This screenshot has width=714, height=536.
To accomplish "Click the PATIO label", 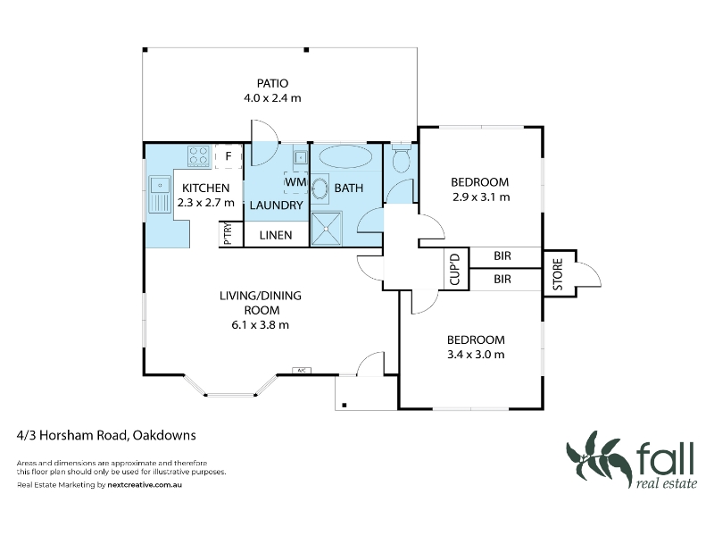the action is point(272,83).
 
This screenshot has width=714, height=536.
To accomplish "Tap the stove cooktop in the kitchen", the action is point(199,155).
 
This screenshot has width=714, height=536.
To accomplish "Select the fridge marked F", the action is point(228,156).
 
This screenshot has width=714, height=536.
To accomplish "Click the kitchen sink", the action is point(160,195).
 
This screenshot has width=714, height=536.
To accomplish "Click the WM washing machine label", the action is point(295,182).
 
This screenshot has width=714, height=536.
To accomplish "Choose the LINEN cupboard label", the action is point(276,235).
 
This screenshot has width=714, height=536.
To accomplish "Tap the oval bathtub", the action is point(345,157).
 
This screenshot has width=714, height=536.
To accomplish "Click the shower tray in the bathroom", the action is point(327,229).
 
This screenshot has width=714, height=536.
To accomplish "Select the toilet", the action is point(401,157).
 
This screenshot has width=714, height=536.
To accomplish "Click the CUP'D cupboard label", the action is point(455,270).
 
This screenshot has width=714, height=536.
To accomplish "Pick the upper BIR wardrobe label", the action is point(502,256).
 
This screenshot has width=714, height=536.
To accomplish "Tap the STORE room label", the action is point(558,274).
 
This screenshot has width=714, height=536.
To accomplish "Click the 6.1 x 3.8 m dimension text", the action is point(260,325).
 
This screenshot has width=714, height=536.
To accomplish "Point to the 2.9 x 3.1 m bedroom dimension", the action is point(481,197).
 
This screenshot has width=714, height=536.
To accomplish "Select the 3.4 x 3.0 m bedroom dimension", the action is point(476,355).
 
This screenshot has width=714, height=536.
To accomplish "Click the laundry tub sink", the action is point(301,158).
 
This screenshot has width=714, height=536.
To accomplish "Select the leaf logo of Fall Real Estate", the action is point(598,458).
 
